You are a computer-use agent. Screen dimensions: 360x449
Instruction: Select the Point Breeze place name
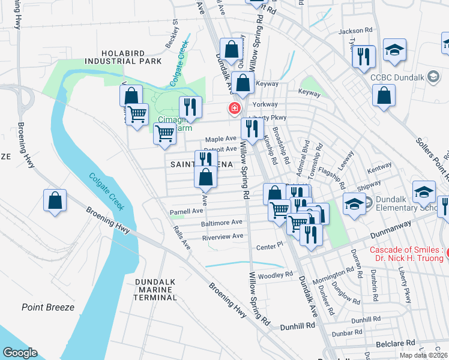click(48, 307)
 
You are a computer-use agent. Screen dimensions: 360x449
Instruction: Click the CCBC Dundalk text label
click(397, 76)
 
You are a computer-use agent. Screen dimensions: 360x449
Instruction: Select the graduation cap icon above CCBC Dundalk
click(395, 50)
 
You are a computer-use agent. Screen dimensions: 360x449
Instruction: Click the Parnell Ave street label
click(186, 211)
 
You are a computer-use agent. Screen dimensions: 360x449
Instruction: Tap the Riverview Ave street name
click(223, 236)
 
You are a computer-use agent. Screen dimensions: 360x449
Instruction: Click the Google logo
click(20, 352)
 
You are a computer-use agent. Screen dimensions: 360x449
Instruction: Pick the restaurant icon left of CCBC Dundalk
click(363, 57)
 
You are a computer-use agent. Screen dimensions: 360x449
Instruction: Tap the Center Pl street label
click(269, 245)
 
